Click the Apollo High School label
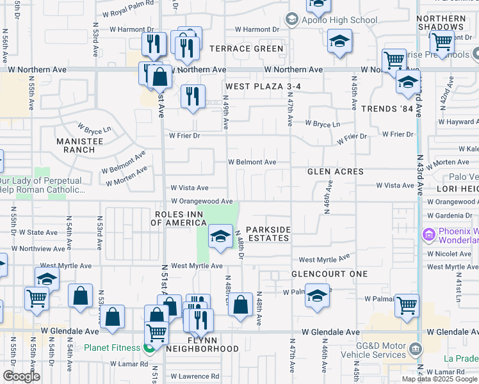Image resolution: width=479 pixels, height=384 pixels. coord(339,20)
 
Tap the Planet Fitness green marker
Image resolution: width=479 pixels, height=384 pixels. coord(149,348)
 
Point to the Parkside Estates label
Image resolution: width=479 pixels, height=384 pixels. coord(268,234)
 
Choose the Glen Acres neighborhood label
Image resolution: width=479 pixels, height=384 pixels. coord(336,172)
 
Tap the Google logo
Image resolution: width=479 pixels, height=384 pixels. coord(21,376)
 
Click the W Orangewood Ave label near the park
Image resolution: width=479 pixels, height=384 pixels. coord(202,201)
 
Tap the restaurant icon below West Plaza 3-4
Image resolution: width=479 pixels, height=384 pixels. coord(192,96)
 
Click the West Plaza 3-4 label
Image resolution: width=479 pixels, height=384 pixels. coord(262,86)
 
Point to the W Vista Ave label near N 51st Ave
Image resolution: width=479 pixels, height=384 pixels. coord(189,188)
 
